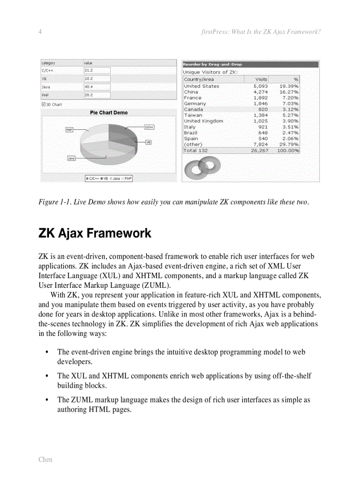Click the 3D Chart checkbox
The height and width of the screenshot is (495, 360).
click(43, 104)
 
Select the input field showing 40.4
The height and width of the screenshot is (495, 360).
click(97, 87)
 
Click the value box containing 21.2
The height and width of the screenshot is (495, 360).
click(97, 71)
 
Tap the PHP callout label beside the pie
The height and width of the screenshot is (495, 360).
click(69, 130)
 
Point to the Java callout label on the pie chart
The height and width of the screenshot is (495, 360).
click(71, 158)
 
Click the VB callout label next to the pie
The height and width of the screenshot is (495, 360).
click(148, 142)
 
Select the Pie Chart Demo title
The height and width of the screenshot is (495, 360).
click(109, 113)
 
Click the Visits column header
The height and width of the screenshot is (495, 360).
click(261, 79)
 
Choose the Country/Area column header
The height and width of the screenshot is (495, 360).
click(199, 79)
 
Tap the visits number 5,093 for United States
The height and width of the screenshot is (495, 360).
click(260, 86)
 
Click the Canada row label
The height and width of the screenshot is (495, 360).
click(193, 109)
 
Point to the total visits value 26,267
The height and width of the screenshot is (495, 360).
click(259, 150)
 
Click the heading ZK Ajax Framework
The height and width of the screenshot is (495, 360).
click(95, 233)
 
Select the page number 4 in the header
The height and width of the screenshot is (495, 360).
click(40, 32)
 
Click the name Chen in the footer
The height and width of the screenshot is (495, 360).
click(45, 459)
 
